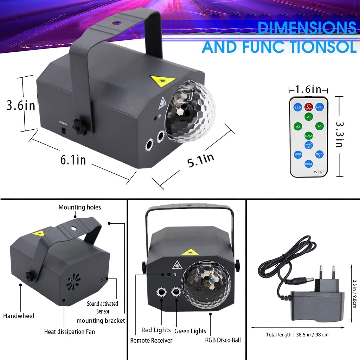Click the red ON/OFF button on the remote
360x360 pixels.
point(309,107)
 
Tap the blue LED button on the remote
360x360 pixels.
point(298,107)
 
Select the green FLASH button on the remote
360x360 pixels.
point(309,136)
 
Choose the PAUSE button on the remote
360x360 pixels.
point(309,164)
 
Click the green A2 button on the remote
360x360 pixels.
point(298,126)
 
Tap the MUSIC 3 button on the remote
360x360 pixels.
point(319,154)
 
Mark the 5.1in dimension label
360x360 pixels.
point(200,161)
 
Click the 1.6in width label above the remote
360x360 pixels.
point(308,90)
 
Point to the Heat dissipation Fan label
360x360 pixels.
point(69,332)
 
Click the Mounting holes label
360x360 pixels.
point(79,207)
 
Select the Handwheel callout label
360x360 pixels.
point(19,316)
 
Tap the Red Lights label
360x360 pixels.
point(156,330)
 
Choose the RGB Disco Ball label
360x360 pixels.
point(223,340)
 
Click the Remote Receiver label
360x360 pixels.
point(151,340)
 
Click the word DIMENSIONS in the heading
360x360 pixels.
point(307,28)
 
